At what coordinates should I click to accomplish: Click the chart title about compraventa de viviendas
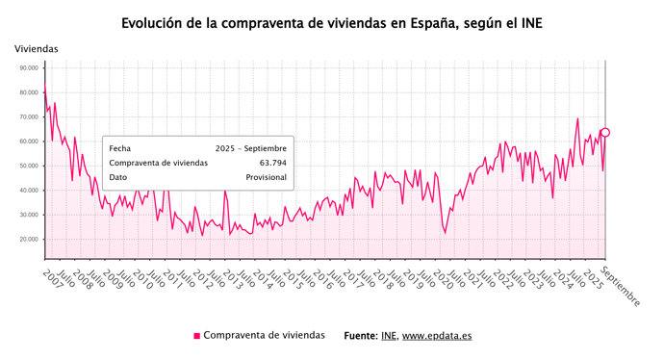click(332, 21)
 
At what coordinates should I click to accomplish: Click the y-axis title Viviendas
click(37, 48)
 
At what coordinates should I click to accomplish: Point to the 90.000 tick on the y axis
click(28, 68)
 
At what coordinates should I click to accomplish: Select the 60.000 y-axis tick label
click(28, 141)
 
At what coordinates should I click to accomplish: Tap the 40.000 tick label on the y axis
click(28, 191)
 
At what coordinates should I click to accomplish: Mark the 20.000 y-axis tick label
click(28, 239)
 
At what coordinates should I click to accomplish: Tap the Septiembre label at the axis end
click(622, 286)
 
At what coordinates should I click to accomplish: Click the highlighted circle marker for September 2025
click(605, 133)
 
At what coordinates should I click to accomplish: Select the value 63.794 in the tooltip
click(271, 164)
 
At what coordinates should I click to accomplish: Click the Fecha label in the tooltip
click(120, 148)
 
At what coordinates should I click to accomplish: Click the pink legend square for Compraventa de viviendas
click(197, 336)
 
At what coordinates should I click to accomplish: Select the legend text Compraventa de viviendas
click(264, 336)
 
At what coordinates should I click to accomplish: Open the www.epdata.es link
click(436, 336)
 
